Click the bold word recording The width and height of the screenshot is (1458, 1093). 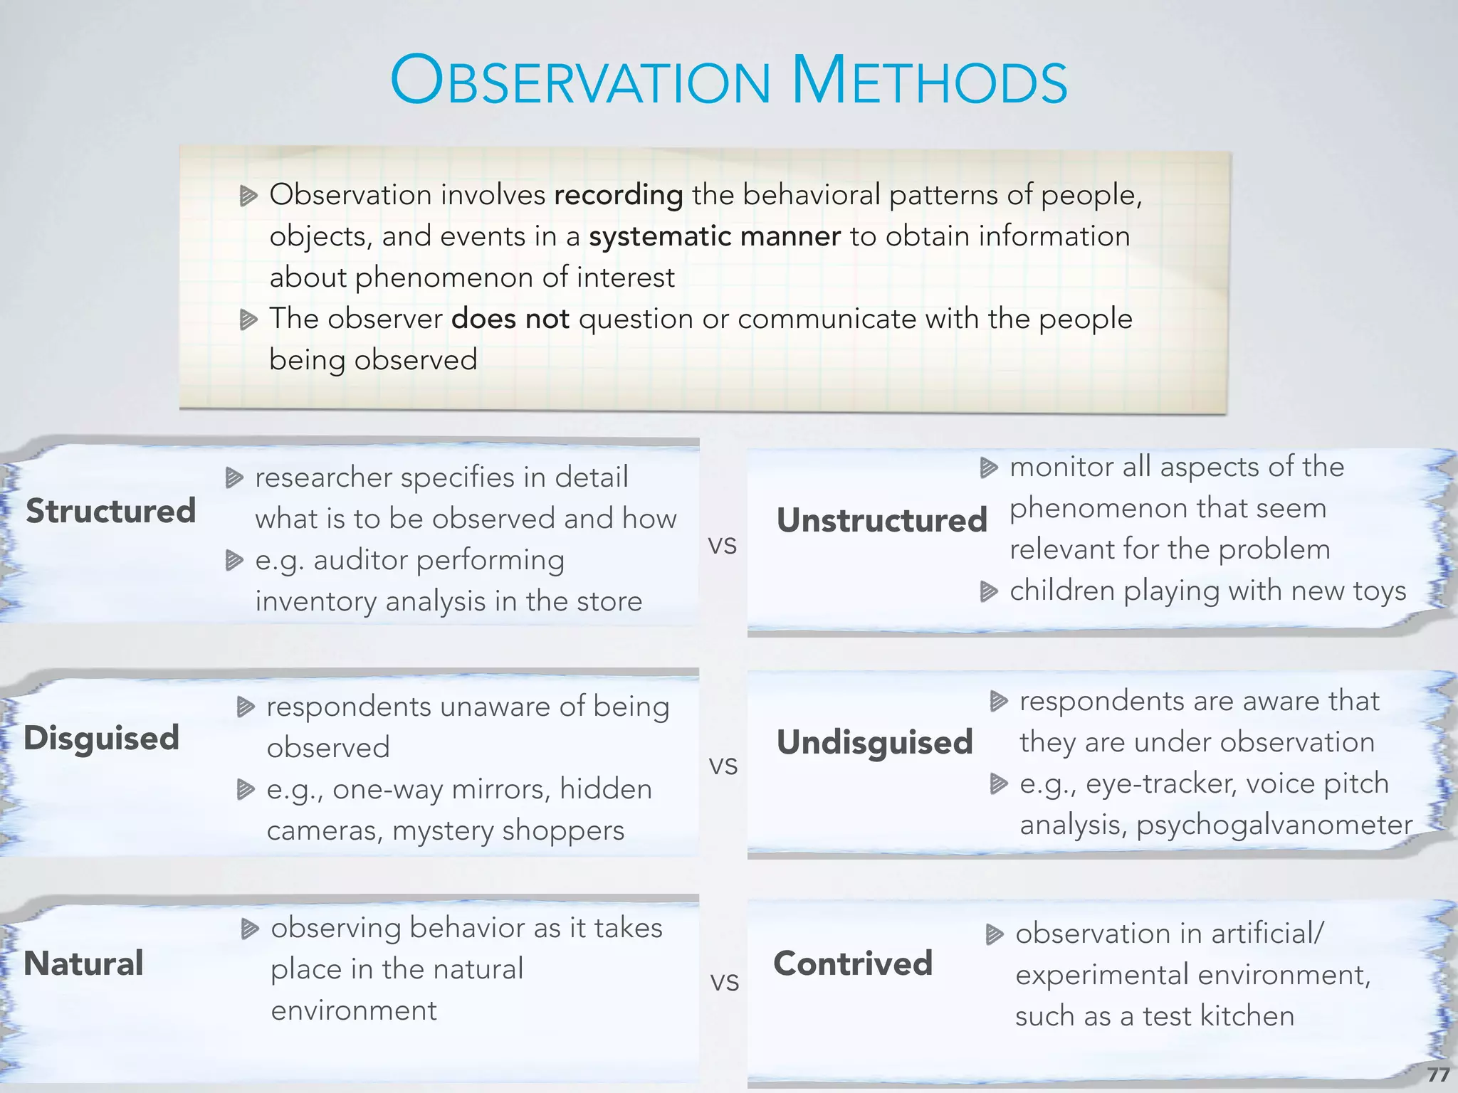(618, 195)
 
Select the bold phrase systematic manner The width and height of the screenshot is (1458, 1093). (714, 236)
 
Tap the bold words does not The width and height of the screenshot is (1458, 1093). (510, 319)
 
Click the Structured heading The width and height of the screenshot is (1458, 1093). (110, 511)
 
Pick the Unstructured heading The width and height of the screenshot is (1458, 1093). (881, 520)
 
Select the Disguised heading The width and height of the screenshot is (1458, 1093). (101, 738)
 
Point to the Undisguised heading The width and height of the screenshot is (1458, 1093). (874, 742)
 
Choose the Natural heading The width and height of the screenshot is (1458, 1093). (83, 963)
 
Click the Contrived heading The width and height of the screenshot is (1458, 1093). (853, 963)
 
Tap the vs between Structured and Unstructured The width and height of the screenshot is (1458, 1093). (722, 545)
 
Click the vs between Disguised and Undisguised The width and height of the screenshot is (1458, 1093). (723, 766)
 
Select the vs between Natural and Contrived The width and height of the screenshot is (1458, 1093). (724, 982)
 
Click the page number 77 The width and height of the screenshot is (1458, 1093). (1438, 1074)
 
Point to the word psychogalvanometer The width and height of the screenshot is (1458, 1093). (1274, 825)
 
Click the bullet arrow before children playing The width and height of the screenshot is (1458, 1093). (988, 591)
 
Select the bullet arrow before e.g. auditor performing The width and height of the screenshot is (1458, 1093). (234, 561)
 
